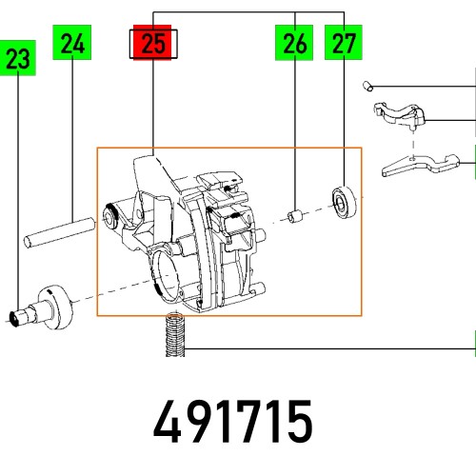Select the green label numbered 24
(x=74, y=43)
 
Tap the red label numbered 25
(x=152, y=43)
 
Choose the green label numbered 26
(x=294, y=43)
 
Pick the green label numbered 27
(x=342, y=43)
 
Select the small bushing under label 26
(x=295, y=215)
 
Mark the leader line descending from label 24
(x=74, y=133)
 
